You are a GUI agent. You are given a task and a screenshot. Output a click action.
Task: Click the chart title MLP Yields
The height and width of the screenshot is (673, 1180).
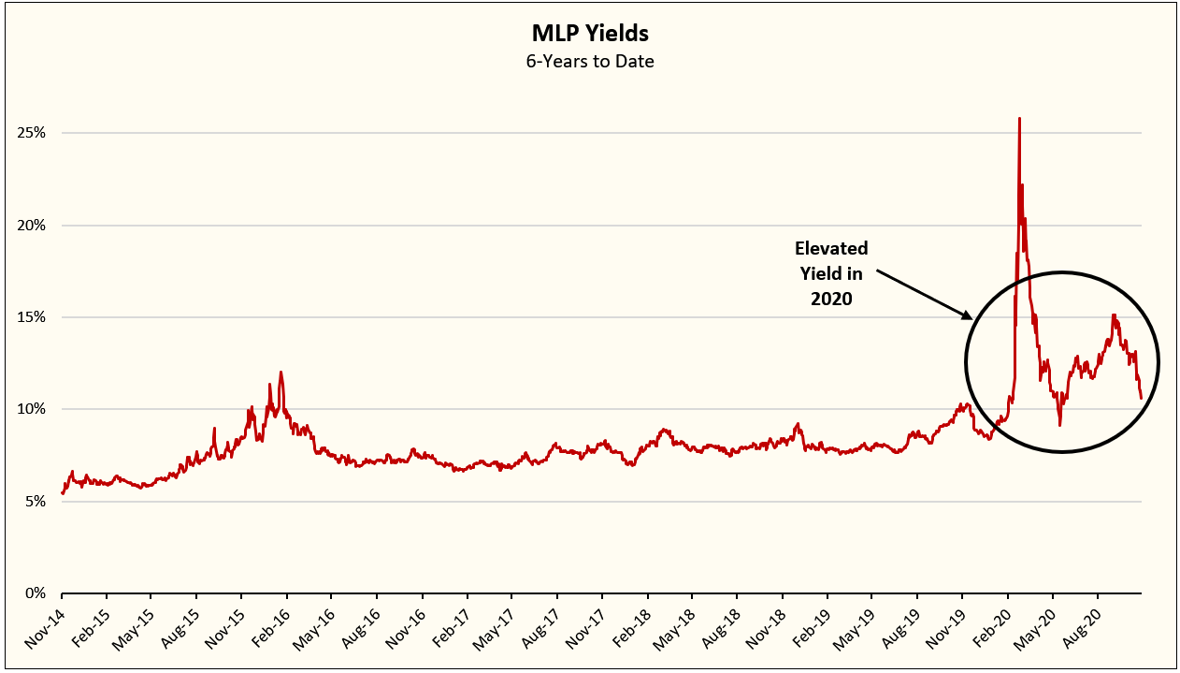tap(589, 35)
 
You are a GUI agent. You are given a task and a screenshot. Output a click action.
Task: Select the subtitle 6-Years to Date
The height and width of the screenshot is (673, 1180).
tap(589, 62)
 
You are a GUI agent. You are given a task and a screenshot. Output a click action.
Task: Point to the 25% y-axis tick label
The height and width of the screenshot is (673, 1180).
tap(30, 133)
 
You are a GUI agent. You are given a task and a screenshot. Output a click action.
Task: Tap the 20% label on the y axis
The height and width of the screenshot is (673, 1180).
tap(30, 226)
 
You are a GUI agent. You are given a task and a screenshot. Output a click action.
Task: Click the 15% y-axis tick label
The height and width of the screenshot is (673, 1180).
tap(30, 317)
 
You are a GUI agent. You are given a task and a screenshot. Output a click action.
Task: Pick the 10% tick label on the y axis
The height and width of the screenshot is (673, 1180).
tap(30, 409)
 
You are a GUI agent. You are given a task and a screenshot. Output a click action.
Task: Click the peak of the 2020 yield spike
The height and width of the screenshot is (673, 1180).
tap(1019, 118)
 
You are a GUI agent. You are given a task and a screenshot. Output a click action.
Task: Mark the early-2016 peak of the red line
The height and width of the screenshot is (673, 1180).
tap(281, 373)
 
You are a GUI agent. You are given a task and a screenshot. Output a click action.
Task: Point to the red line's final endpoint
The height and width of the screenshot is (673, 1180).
tap(1141, 399)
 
